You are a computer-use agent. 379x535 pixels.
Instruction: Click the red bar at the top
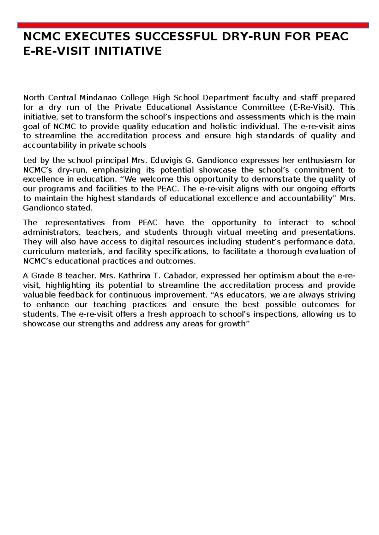pos(193,25)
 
